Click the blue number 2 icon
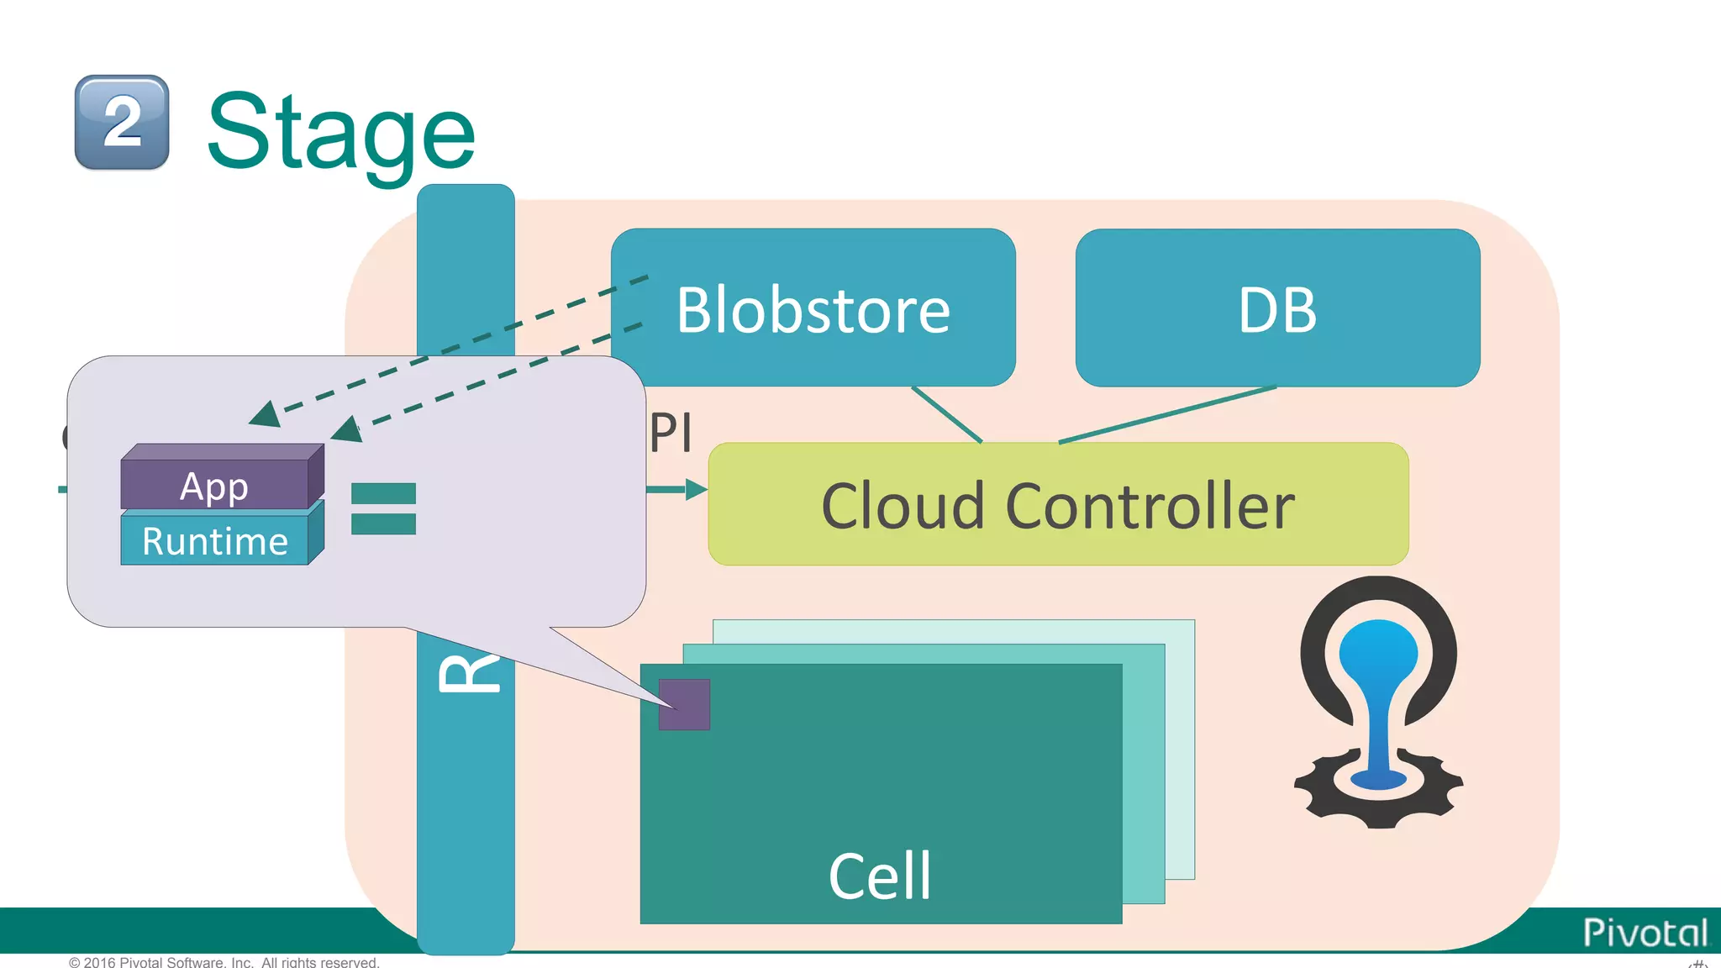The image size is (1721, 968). (122, 123)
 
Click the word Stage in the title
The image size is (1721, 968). (341, 132)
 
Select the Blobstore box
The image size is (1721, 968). (813, 308)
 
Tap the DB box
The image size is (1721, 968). (1276, 308)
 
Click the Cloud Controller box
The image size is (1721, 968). (1057, 505)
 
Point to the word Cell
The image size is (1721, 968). (880, 876)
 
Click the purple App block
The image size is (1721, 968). (215, 485)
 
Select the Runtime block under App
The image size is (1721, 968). (215, 540)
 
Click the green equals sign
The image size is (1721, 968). (383, 508)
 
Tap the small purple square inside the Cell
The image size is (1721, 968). (684, 704)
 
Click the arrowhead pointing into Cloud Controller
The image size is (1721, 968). (697, 489)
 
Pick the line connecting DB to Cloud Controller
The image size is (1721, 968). (1168, 414)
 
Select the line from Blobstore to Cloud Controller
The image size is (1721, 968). (947, 414)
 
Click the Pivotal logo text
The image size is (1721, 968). (1645, 933)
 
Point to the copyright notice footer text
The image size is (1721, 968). (224, 962)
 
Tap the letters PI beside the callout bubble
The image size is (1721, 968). (671, 434)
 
